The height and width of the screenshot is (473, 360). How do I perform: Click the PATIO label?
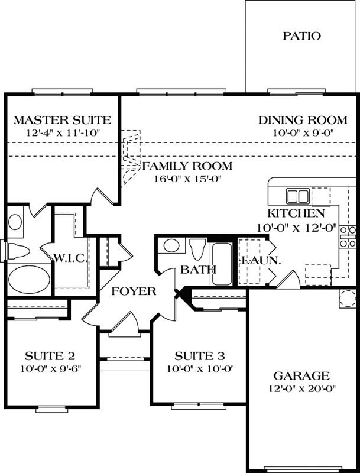click(x=301, y=36)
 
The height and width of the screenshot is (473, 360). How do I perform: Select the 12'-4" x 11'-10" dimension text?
click(x=56, y=134)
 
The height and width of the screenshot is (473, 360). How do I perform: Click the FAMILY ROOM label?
click(x=187, y=166)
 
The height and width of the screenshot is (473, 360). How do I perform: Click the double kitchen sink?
click(x=297, y=196)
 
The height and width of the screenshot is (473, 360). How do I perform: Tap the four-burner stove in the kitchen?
click(x=348, y=237)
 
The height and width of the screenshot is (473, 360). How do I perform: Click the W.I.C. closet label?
click(x=71, y=258)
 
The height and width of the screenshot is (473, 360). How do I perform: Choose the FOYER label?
click(x=134, y=291)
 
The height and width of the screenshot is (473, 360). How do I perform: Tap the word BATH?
click(x=198, y=270)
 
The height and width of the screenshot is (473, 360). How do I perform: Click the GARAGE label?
click(x=301, y=376)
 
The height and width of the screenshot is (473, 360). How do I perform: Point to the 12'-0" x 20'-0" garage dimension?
click(x=301, y=389)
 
